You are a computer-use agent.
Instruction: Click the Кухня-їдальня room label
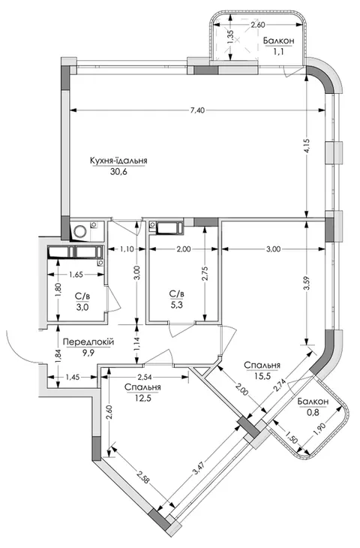pyautogui.click(x=118, y=161)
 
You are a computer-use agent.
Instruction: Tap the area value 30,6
pyautogui.click(x=118, y=172)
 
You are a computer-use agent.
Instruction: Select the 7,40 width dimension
pyautogui.click(x=197, y=110)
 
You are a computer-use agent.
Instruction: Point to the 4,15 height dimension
pyautogui.click(x=306, y=146)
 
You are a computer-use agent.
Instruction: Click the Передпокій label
pyautogui.click(x=88, y=342)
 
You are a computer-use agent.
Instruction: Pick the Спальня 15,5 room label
pyautogui.click(x=262, y=370)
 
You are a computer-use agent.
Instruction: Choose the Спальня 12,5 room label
pyautogui.click(x=142, y=392)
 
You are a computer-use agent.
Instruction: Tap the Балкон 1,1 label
pyautogui.click(x=279, y=46)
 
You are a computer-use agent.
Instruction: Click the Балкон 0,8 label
pyautogui.click(x=313, y=406)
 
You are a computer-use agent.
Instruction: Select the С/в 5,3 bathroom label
pyautogui.click(x=176, y=299)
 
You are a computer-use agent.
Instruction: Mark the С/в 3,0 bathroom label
pyautogui.click(x=82, y=302)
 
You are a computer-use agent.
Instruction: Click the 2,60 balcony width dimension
pyautogui.click(x=259, y=25)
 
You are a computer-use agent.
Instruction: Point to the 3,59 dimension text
pyautogui.click(x=307, y=283)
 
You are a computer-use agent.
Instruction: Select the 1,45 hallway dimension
pyautogui.click(x=73, y=377)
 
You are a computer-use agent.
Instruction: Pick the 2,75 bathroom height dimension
pyautogui.click(x=205, y=273)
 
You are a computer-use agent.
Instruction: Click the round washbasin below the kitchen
pyautogui.click(x=81, y=231)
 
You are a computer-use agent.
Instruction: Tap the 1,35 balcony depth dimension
pyautogui.click(x=229, y=37)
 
